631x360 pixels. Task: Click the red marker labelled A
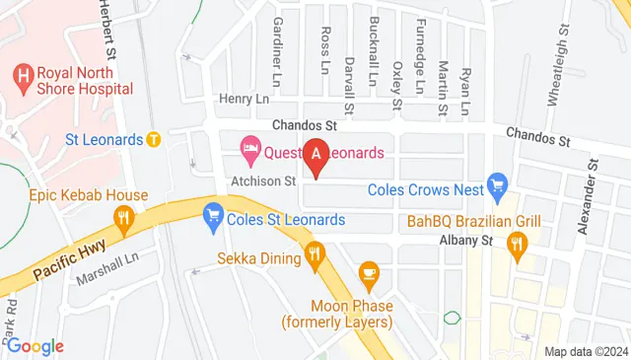[x=316, y=156]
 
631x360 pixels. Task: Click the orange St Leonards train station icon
[x=154, y=139]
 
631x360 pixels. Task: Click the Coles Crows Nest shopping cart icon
[x=498, y=183]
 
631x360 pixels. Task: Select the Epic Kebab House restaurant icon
[x=123, y=219]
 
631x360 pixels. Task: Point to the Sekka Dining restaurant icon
[x=315, y=255]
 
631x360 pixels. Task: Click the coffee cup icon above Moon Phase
[x=368, y=271]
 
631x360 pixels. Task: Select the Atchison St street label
[x=263, y=180]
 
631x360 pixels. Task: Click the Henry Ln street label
[x=243, y=99]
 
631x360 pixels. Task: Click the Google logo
[x=35, y=345]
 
